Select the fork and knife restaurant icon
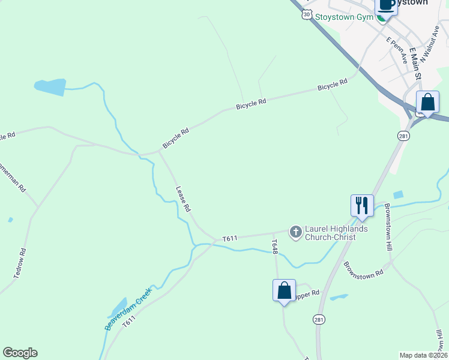click(362, 205)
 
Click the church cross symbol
click(295, 232)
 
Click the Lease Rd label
click(183, 198)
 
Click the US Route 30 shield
click(307, 14)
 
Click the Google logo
click(20, 353)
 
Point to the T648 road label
click(274, 247)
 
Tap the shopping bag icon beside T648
click(285, 291)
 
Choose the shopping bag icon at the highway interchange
click(427, 102)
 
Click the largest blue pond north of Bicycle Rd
click(50, 87)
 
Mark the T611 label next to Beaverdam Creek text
click(129, 323)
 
